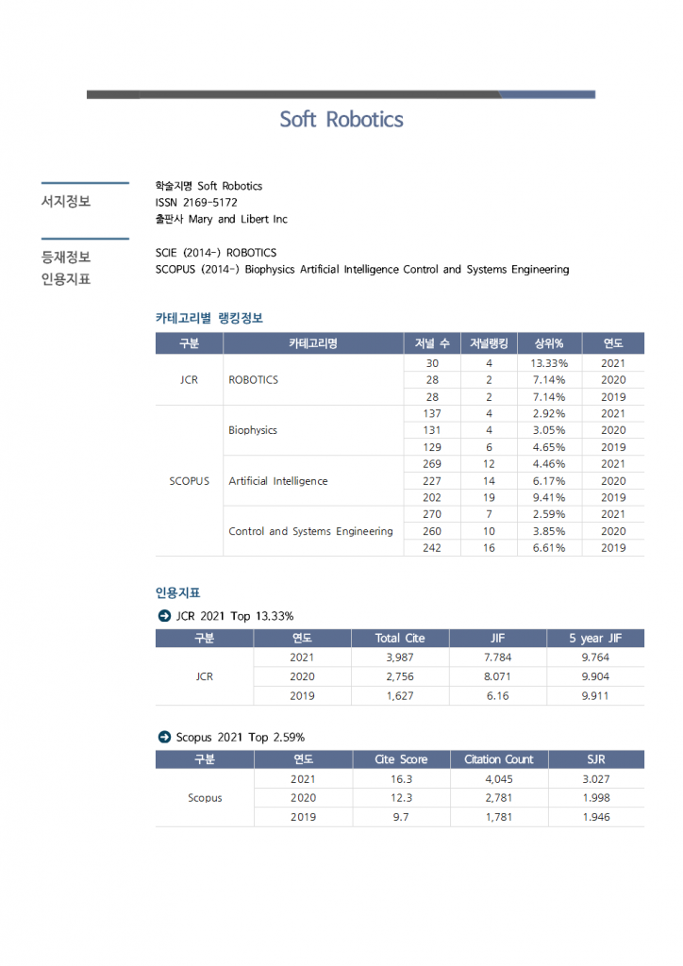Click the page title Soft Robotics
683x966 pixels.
coord(341,120)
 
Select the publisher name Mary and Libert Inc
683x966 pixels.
coord(238,220)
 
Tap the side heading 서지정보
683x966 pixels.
coord(66,202)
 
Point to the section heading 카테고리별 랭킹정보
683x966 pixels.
coord(209,318)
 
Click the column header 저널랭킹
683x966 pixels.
coord(489,343)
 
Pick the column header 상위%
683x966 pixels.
coord(549,343)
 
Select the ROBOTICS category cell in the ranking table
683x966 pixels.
coord(254,380)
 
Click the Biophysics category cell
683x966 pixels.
coord(253,430)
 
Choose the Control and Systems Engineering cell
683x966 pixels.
coord(310,531)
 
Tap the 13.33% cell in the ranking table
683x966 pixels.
coord(549,363)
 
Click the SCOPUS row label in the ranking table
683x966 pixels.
coord(190,481)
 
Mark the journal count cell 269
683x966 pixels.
coord(432,464)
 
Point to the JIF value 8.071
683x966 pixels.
coord(497,676)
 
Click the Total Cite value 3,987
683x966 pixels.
coord(400,658)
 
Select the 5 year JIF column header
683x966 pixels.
coord(594,639)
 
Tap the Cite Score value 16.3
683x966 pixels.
coord(400,779)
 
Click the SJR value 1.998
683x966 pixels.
coord(596,798)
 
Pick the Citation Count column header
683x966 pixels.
coord(498,759)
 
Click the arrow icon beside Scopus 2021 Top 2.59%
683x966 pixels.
coord(164,737)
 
